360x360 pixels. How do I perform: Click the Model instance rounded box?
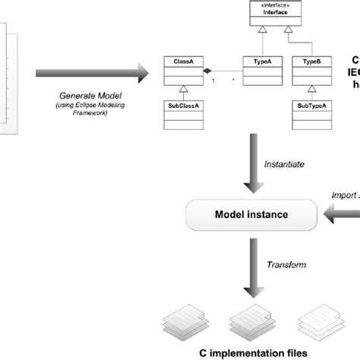coord(251,215)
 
